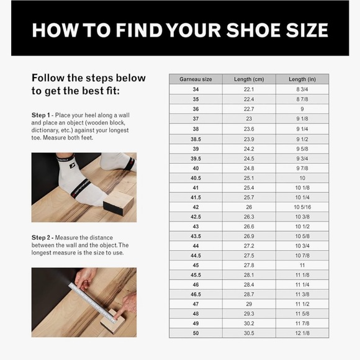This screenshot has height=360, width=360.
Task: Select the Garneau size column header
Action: point(196,79)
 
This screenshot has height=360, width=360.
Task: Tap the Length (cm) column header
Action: point(249,79)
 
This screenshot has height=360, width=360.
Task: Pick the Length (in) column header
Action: point(302,79)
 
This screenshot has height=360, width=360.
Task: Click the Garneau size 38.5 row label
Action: point(196,139)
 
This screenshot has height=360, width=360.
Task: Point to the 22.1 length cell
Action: point(249,89)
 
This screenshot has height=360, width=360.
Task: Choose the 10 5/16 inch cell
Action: point(302,207)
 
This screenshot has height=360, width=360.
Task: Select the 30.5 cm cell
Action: point(249,333)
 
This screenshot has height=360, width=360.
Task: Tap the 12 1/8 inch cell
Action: point(302,333)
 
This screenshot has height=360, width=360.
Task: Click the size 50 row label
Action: point(196,333)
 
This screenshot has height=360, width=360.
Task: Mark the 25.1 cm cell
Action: point(249,178)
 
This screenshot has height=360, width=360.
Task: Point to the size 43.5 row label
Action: point(196,236)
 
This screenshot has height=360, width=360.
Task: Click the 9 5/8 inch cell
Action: point(302,149)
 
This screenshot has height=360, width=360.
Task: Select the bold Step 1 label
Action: point(40,115)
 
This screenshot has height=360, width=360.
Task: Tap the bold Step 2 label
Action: point(41,237)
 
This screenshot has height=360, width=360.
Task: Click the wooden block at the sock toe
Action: point(119,203)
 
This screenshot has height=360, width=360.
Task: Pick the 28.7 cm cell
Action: point(249,294)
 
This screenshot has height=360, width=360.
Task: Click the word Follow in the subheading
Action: point(48,78)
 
